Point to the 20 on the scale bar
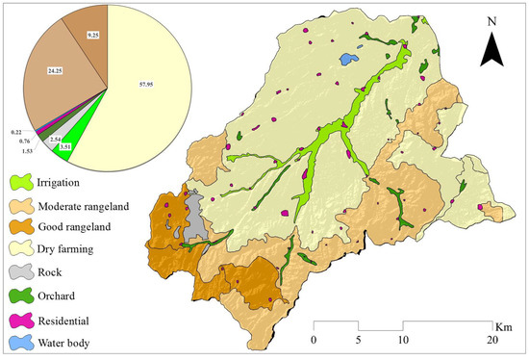493,341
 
